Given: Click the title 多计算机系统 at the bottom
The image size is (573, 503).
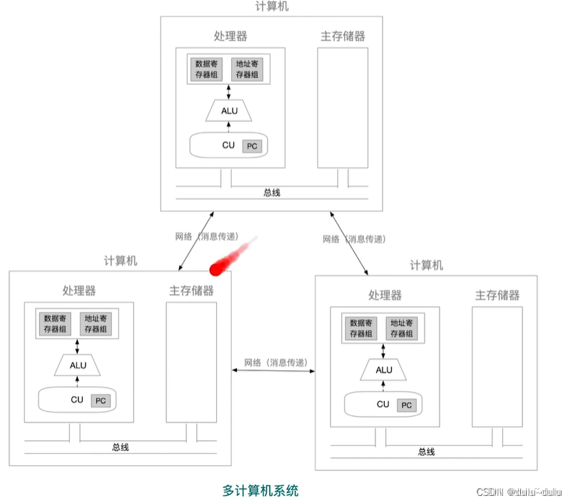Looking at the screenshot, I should pyautogui.click(x=260, y=491).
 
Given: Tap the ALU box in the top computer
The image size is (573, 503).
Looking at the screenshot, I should pyautogui.click(x=229, y=111).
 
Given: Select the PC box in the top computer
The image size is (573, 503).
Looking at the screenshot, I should pyautogui.click(x=251, y=146).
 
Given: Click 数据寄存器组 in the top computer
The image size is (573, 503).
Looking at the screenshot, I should pyautogui.click(x=207, y=69).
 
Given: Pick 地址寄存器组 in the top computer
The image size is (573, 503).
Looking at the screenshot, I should pyautogui.click(x=248, y=69).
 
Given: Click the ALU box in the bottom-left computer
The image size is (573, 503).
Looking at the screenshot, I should pyautogui.click(x=78, y=365).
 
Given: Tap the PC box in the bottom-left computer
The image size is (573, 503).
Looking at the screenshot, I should pyautogui.click(x=101, y=401).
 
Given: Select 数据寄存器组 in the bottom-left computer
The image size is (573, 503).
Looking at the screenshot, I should pyautogui.click(x=55, y=324).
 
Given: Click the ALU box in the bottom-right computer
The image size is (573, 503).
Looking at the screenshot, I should pyautogui.click(x=384, y=370).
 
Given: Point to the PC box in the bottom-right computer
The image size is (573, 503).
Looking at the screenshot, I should pyautogui.click(x=406, y=405).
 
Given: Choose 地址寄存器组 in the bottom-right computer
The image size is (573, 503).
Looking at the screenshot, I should pyautogui.click(x=402, y=328).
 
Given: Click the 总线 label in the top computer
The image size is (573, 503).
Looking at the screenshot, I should pyautogui.click(x=272, y=192).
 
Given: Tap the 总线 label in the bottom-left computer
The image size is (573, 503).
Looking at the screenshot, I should pyautogui.click(x=121, y=447).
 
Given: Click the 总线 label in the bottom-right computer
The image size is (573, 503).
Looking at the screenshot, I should pyautogui.click(x=427, y=452).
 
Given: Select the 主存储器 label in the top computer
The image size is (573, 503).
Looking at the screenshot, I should pyautogui.click(x=343, y=36).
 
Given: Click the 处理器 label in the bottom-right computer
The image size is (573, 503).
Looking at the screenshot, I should pyautogui.click(x=385, y=295).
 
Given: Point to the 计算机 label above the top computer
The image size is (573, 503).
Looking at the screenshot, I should pyautogui.click(x=272, y=6).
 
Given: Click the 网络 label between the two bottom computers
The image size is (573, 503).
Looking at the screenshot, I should pyautogui.click(x=275, y=362).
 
